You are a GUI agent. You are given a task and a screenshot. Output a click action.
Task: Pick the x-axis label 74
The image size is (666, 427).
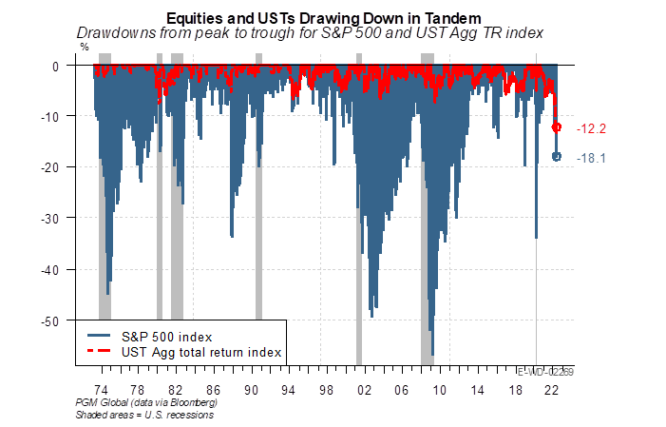(x=100, y=390)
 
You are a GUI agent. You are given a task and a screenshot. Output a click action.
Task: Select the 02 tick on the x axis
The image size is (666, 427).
(x=363, y=390)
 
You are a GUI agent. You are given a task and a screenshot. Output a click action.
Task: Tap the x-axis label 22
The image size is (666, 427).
(x=552, y=390)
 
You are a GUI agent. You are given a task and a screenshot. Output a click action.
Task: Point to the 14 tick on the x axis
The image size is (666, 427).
(x=477, y=390)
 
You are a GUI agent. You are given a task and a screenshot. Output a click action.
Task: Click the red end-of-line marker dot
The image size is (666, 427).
(x=557, y=127)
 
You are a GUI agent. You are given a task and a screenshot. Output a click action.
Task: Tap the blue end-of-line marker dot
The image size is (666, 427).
(x=557, y=157)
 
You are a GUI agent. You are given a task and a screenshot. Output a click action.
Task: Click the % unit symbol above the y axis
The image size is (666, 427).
(x=85, y=47)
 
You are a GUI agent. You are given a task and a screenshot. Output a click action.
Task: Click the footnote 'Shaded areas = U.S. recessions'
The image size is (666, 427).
(x=143, y=415)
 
